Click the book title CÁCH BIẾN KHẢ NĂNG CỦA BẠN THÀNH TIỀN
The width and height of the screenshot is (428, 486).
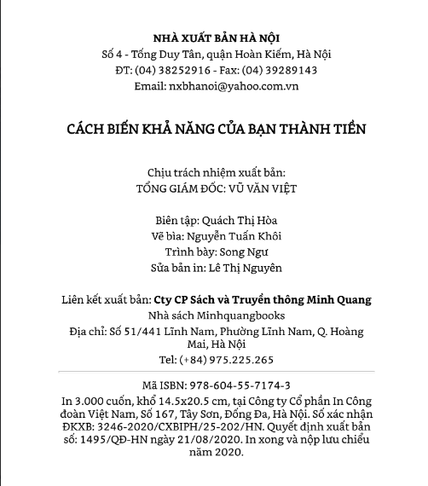point(216,129)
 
